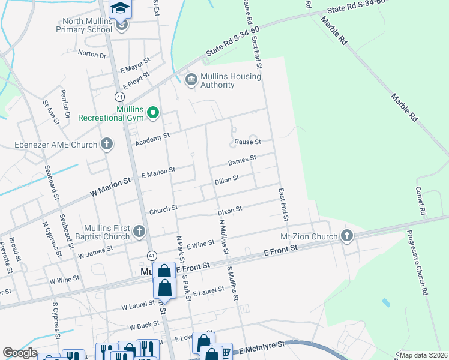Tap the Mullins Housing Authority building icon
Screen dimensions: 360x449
pyautogui.click(x=191, y=80)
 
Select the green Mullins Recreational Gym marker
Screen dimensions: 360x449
pyautogui.click(x=153, y=112)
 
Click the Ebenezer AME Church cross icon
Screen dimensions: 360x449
pyautogui.click(x=106, y=144)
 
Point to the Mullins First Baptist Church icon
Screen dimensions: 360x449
pyautogui.click(x=139, y=232)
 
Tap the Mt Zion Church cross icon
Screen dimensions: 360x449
pyautogui.click(x=346, y=236)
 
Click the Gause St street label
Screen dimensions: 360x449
pyautogui.click(x=247, y=142)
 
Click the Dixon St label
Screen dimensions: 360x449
pyautogui.click(x=229, y=210)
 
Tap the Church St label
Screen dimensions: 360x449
pyautogui.click(x=163, y=209)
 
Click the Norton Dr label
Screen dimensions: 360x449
pyautogui.click(x=92, y=54)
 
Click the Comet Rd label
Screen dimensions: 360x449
pyautogui.click(x=420, y=200)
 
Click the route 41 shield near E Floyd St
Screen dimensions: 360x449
pyautogui.click(x=120, y=96)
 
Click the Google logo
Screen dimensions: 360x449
pyautogui.click(x=20, y=353)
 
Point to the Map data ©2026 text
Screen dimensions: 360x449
pyautogui.click(x=423, y=355)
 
